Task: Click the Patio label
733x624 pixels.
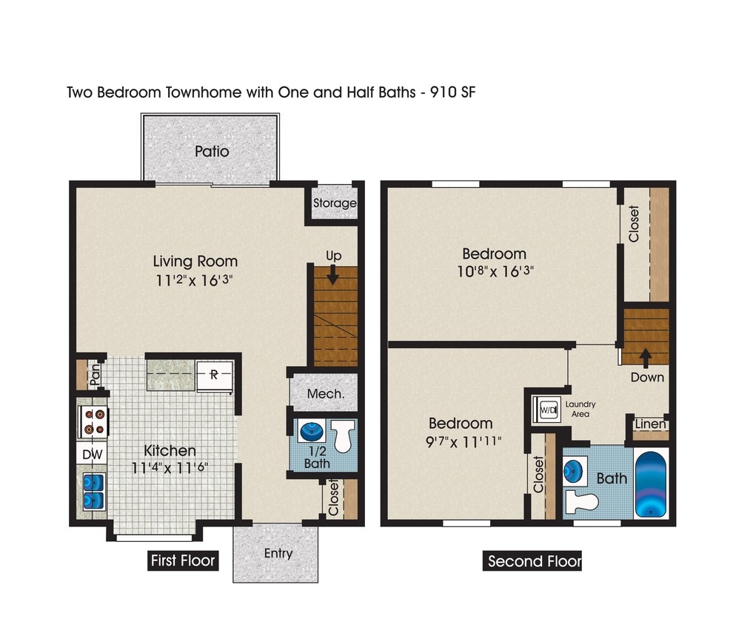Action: [212, 152]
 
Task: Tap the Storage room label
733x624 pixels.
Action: [335, 203]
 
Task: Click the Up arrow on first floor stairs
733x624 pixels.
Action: [332, 276]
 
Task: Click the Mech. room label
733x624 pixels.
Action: [326, 394]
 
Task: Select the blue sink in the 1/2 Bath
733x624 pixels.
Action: [309, 431]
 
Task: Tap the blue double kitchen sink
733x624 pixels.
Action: [93, 491]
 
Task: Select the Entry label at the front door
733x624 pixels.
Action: [278, 553]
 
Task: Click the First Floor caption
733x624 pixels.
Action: [182, 560]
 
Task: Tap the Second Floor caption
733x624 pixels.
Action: [534, 561]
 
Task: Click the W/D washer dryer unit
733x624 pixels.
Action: [548, 409]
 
